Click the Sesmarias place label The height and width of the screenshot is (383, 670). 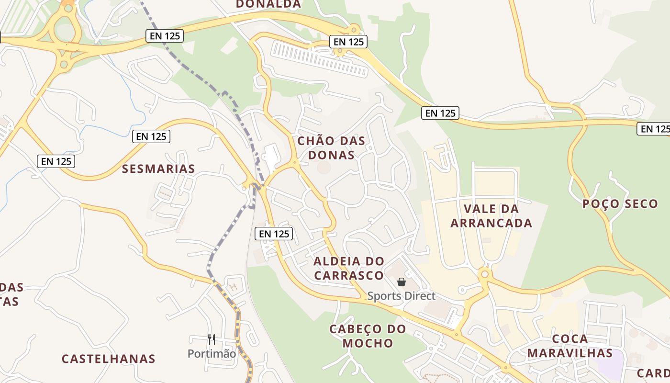point(158,169)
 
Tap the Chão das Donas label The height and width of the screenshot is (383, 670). point(331,148)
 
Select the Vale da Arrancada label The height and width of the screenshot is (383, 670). point(491,216)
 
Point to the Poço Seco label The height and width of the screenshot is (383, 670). point(620,204)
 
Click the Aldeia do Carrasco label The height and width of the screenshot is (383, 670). point(348,268)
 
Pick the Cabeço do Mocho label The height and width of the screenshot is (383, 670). point(368,336)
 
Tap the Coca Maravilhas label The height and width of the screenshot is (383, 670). point(569,346)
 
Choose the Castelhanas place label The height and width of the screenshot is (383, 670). point(109,359)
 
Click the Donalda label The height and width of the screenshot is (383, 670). point(268,4)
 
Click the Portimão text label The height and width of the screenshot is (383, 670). point(212,354)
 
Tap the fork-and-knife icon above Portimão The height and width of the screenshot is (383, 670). point(212,339)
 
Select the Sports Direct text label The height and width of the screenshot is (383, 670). point(402,296)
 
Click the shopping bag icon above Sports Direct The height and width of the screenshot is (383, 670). point(402,282)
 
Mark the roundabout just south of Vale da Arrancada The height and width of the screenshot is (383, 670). point(484,274)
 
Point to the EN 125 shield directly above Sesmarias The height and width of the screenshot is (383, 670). point(151,136)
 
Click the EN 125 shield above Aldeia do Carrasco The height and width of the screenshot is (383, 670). point(274,234)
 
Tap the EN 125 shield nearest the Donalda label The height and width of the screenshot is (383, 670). point(348,42)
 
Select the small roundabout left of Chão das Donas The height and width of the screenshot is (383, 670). point(295,163)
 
